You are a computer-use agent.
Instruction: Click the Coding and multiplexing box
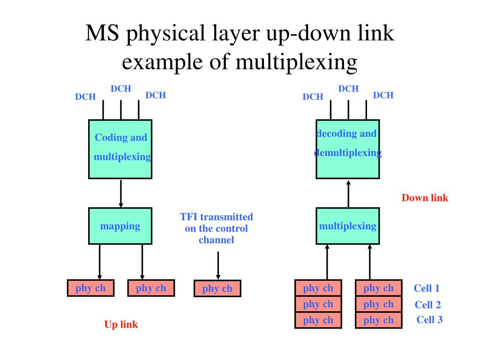120,149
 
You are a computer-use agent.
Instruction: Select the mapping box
120,226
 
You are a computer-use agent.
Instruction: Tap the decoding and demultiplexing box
348,149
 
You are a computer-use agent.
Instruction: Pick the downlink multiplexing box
348,226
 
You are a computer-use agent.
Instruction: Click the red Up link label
121,324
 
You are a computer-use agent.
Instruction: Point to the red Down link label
425,198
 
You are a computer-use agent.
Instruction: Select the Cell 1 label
427,288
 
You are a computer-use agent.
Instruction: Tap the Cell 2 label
427,305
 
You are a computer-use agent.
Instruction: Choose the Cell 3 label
429,320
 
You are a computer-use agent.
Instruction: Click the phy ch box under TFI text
217,288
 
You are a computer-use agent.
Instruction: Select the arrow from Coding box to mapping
121,194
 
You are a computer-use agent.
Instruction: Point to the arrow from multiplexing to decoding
348,194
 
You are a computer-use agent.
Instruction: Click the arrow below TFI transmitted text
218,265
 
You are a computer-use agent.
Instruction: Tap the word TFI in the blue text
188,217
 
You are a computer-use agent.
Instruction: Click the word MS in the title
102,33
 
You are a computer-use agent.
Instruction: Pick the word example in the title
162,62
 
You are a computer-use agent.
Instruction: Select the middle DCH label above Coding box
121,89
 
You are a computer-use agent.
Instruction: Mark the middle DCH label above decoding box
348,89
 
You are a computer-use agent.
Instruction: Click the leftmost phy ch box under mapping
90,288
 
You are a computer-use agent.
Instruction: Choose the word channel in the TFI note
217,240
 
